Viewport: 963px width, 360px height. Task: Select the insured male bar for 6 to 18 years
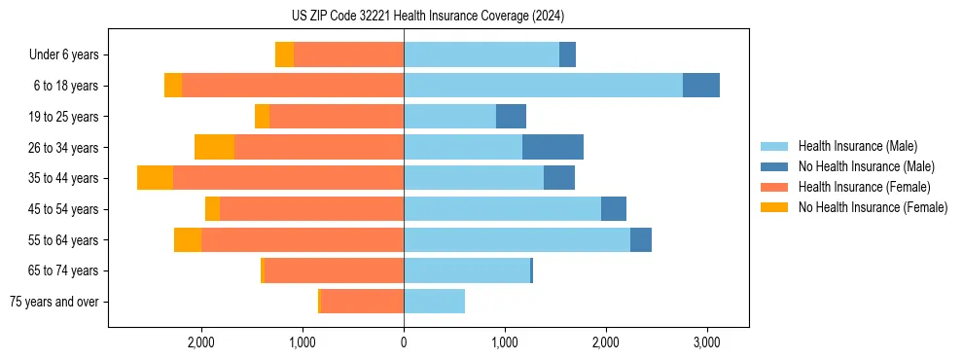[543, 86]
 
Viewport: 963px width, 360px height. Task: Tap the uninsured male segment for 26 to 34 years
[553, 147]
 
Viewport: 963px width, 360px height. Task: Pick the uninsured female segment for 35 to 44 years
[155, 178]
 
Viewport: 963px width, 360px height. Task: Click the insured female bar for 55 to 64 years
[303, 239]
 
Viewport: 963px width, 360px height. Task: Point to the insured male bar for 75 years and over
[434, 302]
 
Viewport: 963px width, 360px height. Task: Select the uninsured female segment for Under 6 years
[284, 54]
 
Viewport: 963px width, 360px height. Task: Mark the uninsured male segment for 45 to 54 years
[614, 208]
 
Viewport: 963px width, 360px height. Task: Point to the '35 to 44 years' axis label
[64, 178]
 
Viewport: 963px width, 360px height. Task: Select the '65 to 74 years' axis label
[64, 270]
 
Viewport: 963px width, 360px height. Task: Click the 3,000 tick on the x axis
[706, 342]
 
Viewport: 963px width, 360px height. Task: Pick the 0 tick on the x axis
[404, 342]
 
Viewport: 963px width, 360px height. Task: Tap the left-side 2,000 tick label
[201, 342]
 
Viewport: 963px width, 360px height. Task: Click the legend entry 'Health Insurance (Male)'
[857, 146]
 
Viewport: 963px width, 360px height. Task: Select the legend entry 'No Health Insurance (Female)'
[873, 207]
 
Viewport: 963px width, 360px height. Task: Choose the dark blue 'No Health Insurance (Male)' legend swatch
[774, 166]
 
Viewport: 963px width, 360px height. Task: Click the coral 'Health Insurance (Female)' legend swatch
[774, 187]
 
